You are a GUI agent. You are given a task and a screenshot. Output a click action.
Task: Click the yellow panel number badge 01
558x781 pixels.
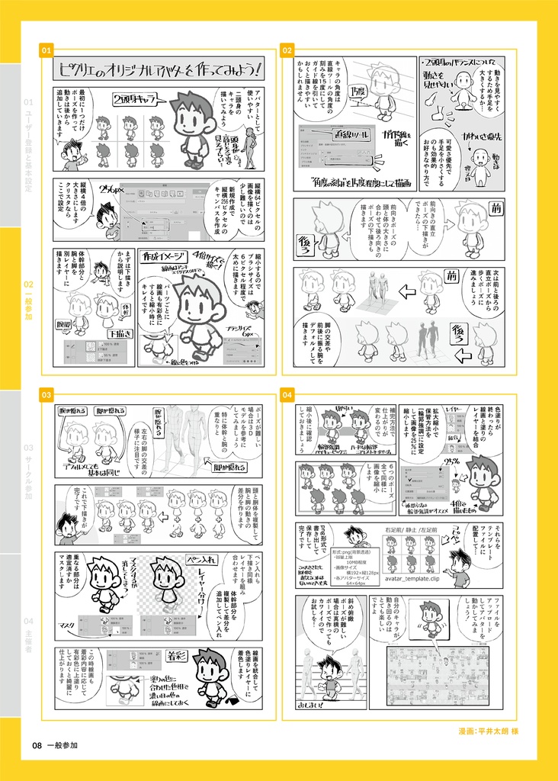[x=46, y=50]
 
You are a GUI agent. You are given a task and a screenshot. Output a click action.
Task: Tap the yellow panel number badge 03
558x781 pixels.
[x=46, y=395]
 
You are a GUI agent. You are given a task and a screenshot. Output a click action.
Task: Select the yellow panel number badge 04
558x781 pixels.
[x=287, y=395]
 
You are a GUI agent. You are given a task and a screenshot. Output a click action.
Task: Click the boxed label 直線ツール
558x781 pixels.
[x=351, y=134]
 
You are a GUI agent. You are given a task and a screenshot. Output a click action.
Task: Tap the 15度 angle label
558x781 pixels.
[x=357, y=92]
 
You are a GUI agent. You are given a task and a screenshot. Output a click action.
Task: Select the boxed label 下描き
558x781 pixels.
[x=120, y=333]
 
